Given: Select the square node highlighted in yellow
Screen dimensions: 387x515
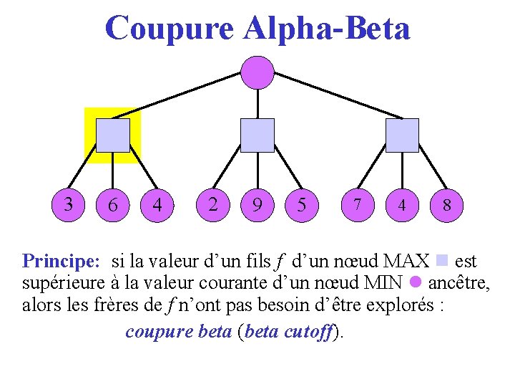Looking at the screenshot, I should coord(113,135).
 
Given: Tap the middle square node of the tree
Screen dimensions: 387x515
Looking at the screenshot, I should coord(257,135).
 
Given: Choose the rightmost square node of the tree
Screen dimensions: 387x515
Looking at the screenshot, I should coord(402,135).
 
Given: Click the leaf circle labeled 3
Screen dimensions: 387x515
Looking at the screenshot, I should coord(69,205).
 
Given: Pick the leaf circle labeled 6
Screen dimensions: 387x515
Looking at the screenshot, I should coord(113,205).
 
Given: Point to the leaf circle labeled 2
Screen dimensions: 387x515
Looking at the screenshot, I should coord(213,205).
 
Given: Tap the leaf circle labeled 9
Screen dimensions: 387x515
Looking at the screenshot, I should coord(257,205).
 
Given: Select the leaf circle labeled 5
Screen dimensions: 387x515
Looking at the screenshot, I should coord(302,205).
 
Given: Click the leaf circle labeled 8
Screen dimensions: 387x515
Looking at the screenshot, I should coord(446,205).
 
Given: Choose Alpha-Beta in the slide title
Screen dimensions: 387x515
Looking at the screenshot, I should coord(327,29).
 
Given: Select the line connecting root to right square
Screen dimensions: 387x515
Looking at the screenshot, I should coord(336,96).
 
